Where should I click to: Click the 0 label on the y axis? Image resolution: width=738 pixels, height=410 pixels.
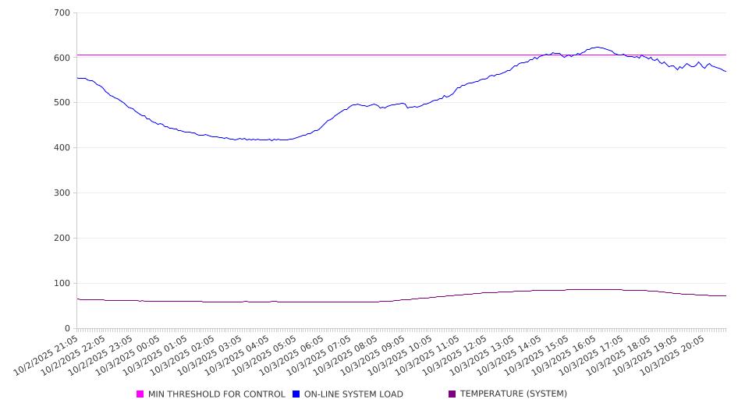pos(68,329)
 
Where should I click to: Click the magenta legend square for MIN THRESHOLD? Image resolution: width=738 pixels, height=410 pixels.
pos(140,394)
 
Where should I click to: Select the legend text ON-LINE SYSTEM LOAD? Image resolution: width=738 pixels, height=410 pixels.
pos(353,394)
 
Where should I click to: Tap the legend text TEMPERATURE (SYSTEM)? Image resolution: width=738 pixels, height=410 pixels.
pos(513,394)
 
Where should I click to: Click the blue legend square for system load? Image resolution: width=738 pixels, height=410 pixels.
pos(296,394)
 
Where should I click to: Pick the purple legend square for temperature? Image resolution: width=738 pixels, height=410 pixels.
pos(452,394)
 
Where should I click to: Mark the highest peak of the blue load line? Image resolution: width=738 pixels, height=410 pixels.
pos(597,47)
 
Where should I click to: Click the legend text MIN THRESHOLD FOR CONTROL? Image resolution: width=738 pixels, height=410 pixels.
pos(217,394)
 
